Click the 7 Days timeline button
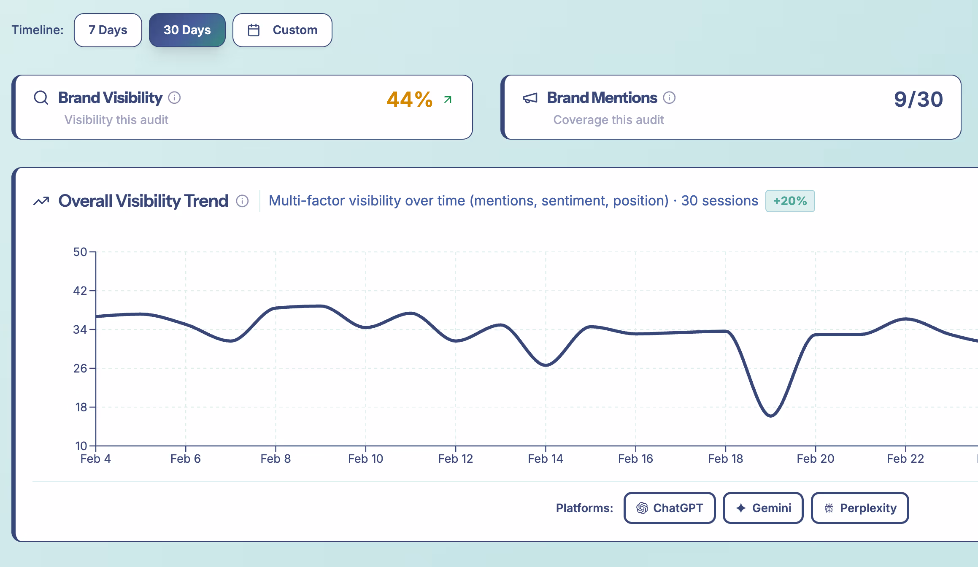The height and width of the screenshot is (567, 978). (108, 30)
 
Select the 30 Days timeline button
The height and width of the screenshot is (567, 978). (187, 30)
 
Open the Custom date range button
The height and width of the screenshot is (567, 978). (282, 30)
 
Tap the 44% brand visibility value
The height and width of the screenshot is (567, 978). (409, 100)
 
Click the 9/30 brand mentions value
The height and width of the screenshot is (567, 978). (918, 100)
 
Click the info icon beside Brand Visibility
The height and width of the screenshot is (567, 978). (174, 98)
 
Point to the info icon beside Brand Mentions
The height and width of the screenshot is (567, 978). (669, 98)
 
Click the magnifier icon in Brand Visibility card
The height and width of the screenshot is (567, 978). (41, 98)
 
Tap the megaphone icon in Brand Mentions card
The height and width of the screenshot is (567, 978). (530, 98)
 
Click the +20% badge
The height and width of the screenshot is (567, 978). (790, 201)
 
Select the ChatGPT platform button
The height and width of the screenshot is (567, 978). (670, 508)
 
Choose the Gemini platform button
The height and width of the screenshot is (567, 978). (763, 508)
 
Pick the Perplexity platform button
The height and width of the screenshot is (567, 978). (859, 508)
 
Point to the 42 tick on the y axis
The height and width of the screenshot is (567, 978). (80, 291)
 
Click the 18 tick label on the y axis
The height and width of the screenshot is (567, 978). (81, 407)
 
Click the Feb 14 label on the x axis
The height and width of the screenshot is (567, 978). (545, 459)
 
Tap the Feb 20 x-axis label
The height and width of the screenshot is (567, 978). (815, 459)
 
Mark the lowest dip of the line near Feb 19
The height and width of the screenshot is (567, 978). (771, 416)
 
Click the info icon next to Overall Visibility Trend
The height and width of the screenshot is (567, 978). (242, 201)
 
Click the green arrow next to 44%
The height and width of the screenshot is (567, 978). (448, 100)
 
